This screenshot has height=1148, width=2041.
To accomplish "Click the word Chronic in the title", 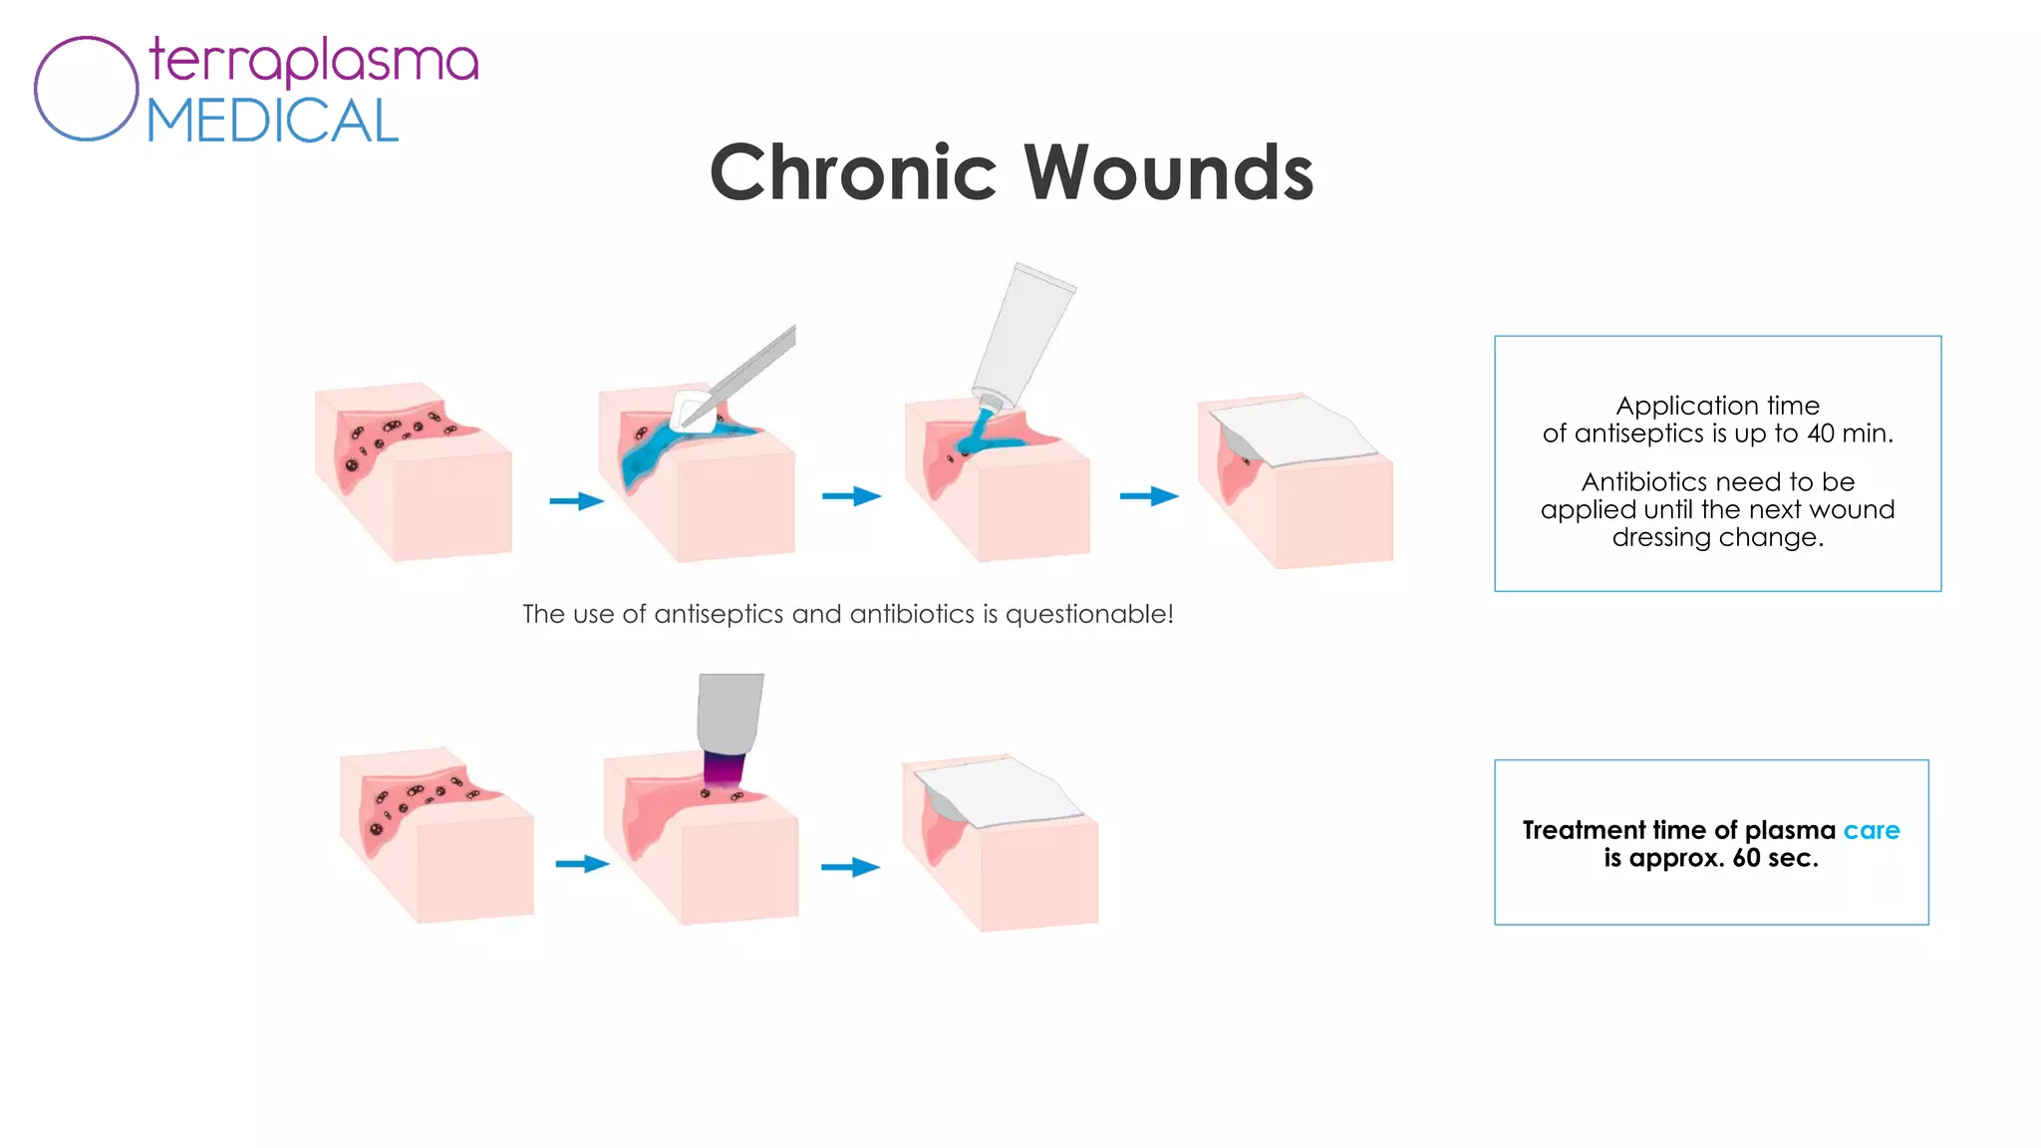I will [853, 172].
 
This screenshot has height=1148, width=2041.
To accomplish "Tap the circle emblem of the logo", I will [87, 89].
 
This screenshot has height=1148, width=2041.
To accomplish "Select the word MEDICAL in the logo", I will [273, 122].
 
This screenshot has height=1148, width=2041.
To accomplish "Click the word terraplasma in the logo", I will [314, 61].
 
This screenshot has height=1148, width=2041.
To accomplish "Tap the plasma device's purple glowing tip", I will [724, 768].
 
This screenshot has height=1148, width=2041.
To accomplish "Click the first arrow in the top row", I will [577, 500].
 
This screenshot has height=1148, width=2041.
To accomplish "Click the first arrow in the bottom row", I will [582, 863].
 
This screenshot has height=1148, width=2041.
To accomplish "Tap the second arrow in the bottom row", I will [850, 867].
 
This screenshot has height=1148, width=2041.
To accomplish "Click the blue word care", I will [1871, 830].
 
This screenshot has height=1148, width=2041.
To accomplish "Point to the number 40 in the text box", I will [1821, 433].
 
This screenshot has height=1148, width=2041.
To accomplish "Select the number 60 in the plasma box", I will [1746, 858].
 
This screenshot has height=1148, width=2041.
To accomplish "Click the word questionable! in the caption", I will [1089, 614].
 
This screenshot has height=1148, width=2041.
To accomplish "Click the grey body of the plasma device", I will [730, 712].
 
